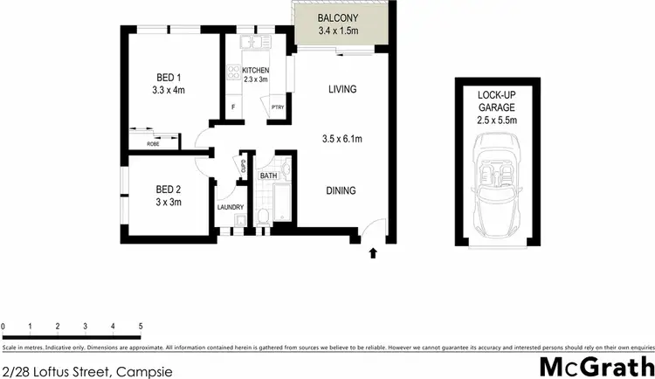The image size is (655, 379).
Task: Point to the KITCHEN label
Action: tap(255, 70)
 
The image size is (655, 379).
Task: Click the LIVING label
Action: tap(343, 89)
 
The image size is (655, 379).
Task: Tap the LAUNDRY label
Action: tap(231, 207)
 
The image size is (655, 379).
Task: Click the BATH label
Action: tap(268, 176)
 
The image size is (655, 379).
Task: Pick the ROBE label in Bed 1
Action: tap(153, 143)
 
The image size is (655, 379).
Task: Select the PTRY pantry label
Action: tap(277, 107)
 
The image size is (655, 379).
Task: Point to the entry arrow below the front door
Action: tap(373, 254)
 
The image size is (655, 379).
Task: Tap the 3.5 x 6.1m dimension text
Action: tap(341, 138)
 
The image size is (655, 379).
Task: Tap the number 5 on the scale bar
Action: tap(141, 326)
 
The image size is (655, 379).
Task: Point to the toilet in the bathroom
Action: tap(263, 216)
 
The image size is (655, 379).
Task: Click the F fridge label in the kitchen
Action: tap(233, 108)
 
